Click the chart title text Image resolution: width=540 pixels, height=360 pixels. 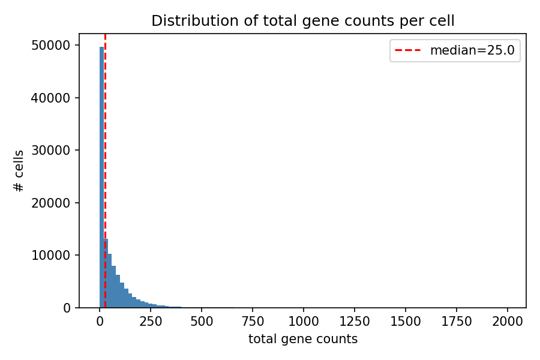pos(302,21)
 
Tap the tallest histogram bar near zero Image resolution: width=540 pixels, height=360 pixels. pos(101,180)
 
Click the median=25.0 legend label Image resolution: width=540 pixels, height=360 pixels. pos(472,50)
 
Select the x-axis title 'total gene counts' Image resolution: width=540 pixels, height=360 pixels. pos(302,340)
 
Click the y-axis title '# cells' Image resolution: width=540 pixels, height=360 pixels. pos(19,171)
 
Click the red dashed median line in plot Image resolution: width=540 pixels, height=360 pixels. pos(105,150)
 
